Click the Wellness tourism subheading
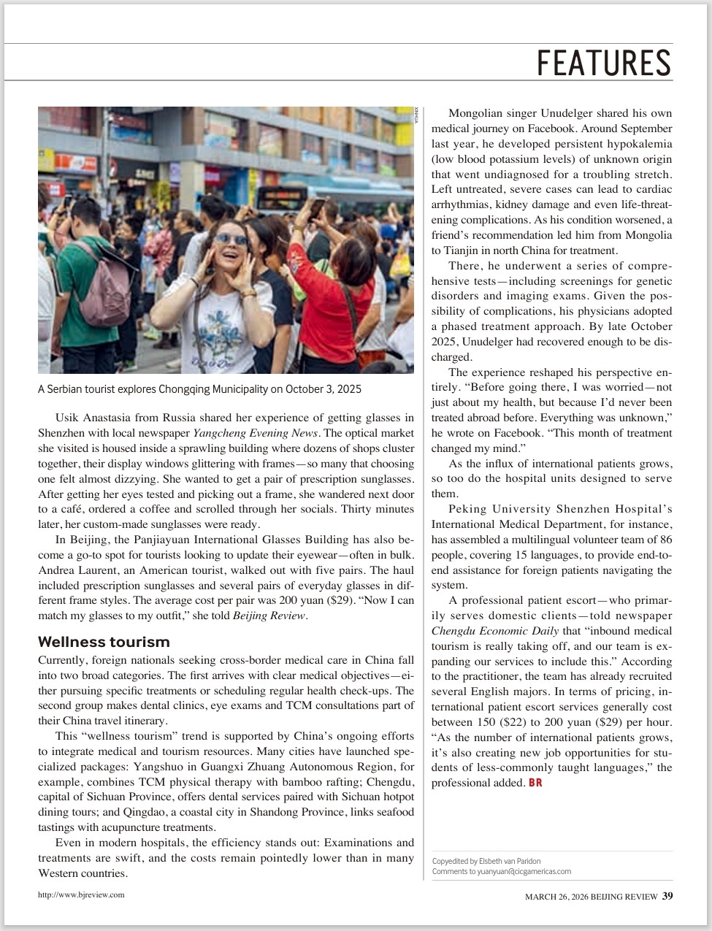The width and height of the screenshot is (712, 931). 104,642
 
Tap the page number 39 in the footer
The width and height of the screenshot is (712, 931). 667,896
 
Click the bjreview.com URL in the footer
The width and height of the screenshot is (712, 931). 81,894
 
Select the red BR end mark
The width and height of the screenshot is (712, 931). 535,783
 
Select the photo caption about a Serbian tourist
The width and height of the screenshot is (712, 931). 199,389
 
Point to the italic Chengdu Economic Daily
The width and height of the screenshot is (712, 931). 495,631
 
